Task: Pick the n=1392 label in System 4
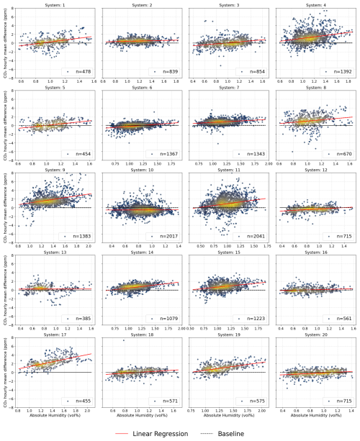[x=337, y=72]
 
